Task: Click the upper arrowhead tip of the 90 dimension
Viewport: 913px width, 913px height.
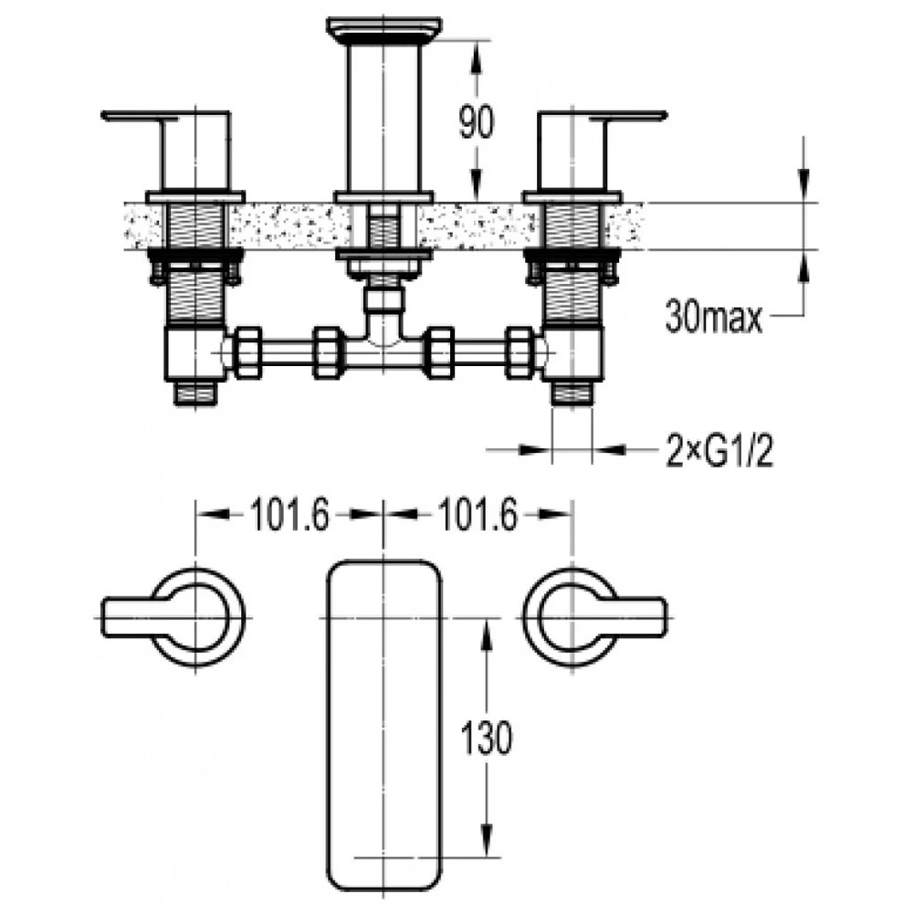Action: coord(477,41)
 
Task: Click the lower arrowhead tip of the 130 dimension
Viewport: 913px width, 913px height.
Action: coord(488,857)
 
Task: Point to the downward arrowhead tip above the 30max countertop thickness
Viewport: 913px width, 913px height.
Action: coord(803,202)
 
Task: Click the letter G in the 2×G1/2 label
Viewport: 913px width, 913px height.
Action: coord(718,449)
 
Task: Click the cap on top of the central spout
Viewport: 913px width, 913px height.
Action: coord(384,27)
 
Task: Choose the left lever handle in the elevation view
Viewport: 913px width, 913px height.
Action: coord(166,151)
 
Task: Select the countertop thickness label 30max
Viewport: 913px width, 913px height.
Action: coord(713,318)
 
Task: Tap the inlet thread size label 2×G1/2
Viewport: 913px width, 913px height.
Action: coord(719,450)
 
